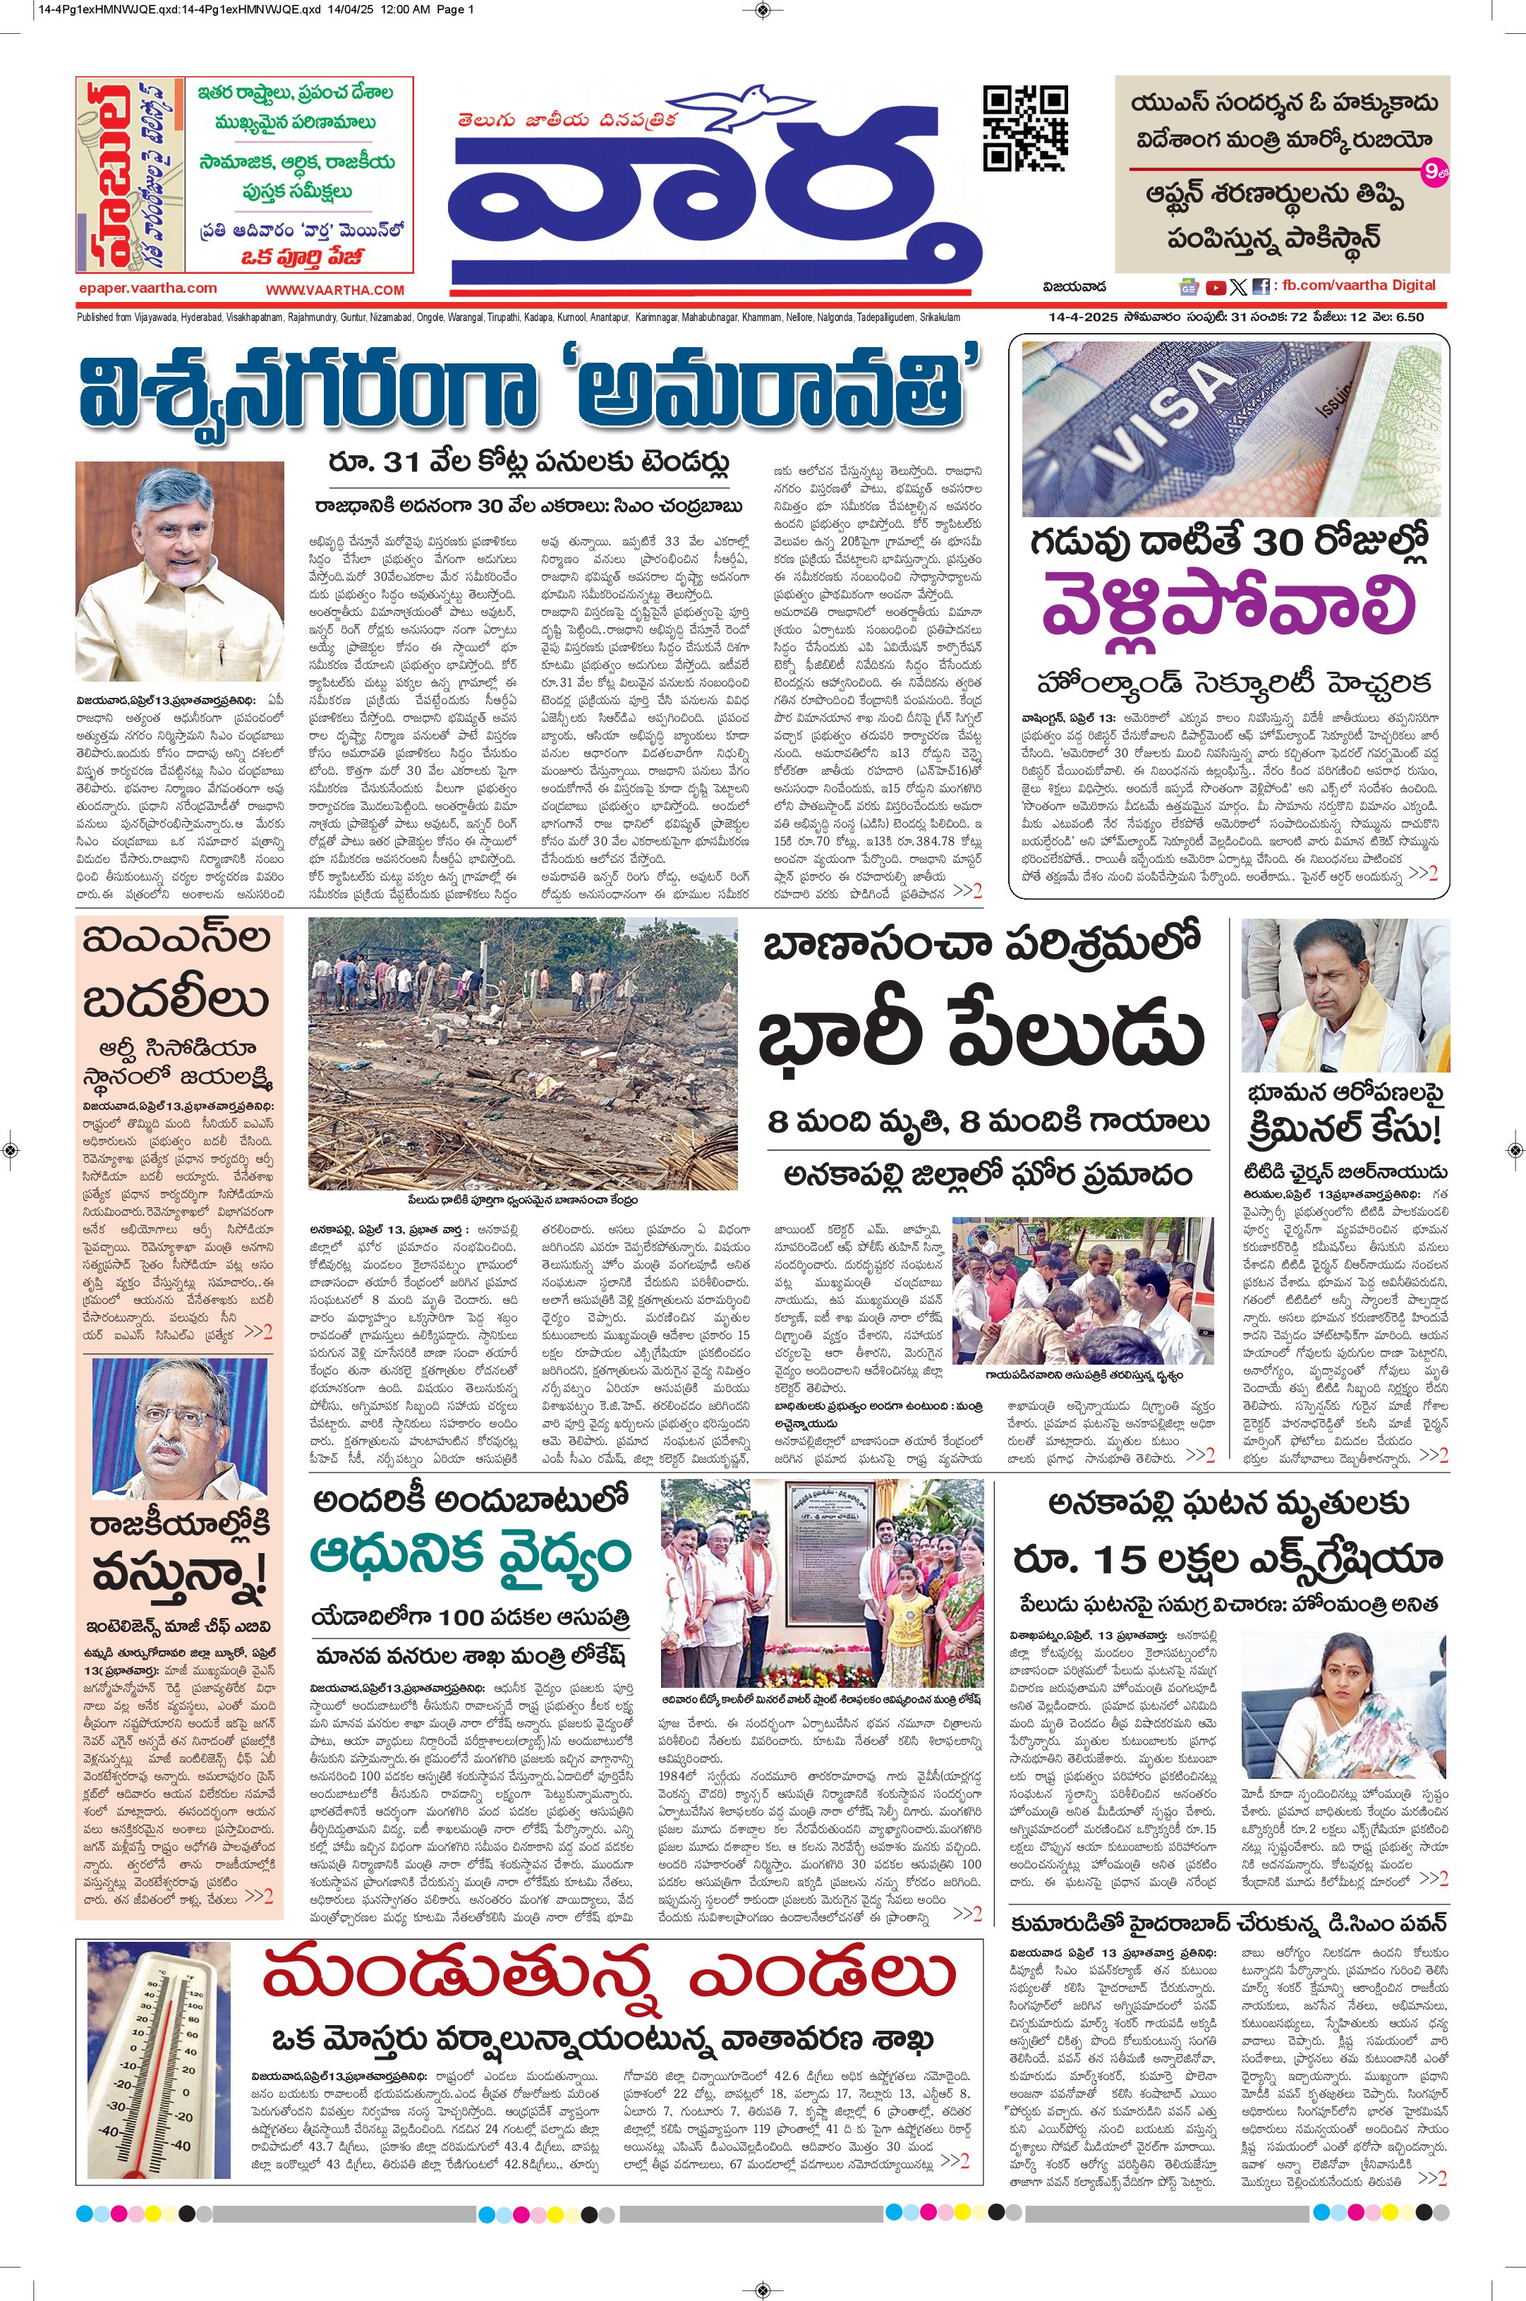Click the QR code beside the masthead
point(1025,128)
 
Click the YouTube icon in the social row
point(1215,287)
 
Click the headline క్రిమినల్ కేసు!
point(1344,1131)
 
